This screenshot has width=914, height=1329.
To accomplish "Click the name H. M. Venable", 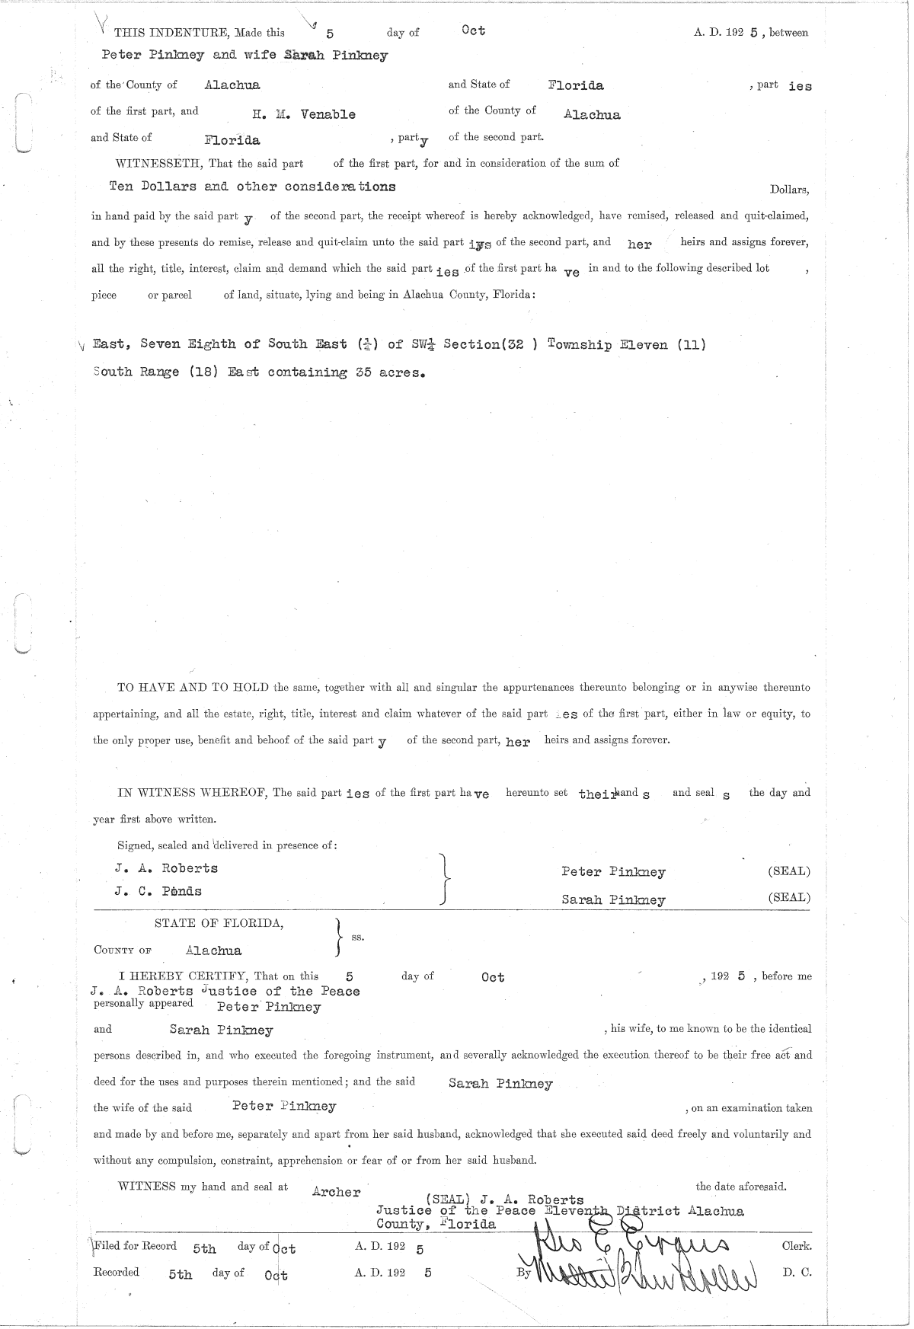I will (x=304, y=115).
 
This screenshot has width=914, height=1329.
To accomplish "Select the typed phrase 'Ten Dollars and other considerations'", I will (x=252, y=187).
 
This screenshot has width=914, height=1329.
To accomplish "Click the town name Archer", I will (x=336, y=1192).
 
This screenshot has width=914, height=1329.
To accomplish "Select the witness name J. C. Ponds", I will (x=158, y=891).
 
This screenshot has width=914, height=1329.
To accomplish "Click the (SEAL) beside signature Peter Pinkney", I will (x=788, y=871).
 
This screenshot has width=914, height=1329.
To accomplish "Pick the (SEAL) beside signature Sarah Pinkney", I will (x=788, y=897).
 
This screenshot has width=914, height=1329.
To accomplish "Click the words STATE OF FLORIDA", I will (x=219, y=923).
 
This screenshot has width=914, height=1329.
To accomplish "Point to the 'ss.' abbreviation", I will (x=357, y=937).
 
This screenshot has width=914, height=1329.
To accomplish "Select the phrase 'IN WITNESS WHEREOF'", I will (x=191, y=792).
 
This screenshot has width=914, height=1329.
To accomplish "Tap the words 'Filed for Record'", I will (x=135, y=1246).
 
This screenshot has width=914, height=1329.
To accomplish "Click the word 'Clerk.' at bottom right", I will (x=796, y=1246).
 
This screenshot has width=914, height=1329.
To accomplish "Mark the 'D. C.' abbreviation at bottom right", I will (x=796, y=1272).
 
